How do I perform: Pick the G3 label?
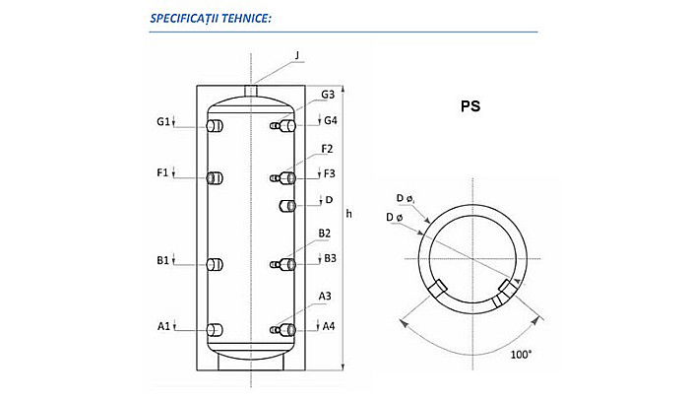pyautogui.click(x=328, y=95)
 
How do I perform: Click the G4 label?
pyautogui.click(x=332, y=122)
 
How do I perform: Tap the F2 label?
pyautogui.click(x=327, y=149)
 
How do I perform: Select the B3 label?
pyautogui.click(x=331, y=258)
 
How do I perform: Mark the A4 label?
pyautogui.click(x=331, y=326)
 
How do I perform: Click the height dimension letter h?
pyautogui.click(x=349, y=214)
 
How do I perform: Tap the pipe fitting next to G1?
pyautogui.click(x=215, y=126)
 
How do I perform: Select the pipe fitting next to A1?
pyautogui.click(x=215, y=329)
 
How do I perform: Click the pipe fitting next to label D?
pyautogui.click(x=287, y=205)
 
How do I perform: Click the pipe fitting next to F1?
pyautogui.click(x=215, y=177)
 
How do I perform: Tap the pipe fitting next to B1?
pyautogui.click(x=215, y=264)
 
